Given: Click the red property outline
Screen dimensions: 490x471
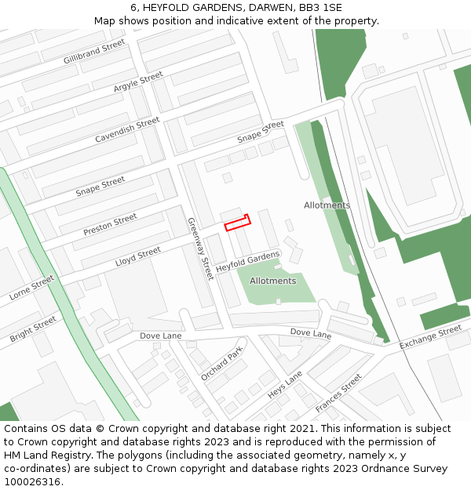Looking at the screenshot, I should coord(237,223).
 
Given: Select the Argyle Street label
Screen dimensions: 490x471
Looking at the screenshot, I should coord(138,82).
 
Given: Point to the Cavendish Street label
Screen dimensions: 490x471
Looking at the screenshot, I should coord(127,130).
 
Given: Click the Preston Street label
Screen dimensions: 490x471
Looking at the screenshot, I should coord(110,225).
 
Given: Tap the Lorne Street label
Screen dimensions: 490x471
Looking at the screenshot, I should coord(31,288).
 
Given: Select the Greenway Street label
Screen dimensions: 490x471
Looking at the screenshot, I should coord(200,249).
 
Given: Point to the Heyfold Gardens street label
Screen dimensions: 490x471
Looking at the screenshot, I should coord(248,262).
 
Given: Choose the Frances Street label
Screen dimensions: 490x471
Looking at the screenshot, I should coord(338,394).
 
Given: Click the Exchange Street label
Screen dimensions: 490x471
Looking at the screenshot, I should coord(430,337).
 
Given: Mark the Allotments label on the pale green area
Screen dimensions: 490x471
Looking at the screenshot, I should coord(272,281).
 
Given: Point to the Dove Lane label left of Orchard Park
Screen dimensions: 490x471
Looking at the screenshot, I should coord(160,336).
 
